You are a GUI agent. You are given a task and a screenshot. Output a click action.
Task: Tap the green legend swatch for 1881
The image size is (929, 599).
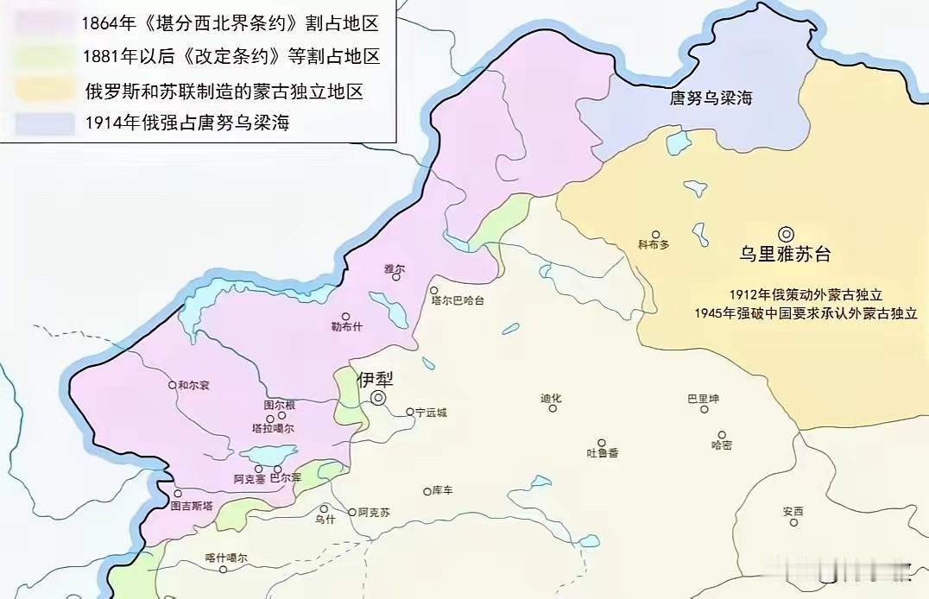click(43, 56)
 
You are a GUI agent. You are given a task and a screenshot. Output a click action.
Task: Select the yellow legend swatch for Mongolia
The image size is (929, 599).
click(43, 90)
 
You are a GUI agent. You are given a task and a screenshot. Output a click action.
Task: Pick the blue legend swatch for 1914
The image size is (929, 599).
click(43, 123)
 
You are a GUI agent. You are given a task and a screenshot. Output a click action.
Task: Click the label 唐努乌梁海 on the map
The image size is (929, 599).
click(711, 98)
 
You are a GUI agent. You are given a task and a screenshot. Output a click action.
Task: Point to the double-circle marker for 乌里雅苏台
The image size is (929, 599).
click(786, 233)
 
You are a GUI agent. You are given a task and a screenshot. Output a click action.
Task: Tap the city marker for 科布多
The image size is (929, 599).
click(655, 234)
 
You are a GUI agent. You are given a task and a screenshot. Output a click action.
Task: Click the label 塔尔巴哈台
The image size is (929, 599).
click(458, 300)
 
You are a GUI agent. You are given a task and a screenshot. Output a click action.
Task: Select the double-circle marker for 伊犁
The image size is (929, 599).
click(378, 397)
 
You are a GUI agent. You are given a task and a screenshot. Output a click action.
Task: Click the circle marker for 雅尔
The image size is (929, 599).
click(396, 277)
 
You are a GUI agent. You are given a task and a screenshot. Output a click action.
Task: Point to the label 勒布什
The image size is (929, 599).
click(347, 327)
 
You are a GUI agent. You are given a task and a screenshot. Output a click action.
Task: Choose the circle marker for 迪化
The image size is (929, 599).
click(553, 408)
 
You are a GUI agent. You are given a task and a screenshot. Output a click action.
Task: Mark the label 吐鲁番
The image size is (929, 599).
click(603, 452)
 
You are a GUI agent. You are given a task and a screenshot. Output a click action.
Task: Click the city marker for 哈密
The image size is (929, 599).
click(722, 435)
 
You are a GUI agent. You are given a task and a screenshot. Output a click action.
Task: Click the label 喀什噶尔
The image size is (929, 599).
click(227, 558)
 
